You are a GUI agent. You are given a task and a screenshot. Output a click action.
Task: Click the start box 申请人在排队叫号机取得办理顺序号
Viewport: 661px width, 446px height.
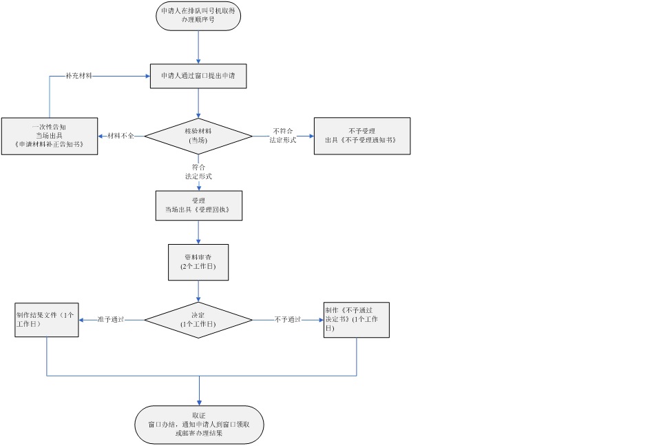tap(198, 17)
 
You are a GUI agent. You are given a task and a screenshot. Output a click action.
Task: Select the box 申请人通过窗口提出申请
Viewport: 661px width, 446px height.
tap(198, 76)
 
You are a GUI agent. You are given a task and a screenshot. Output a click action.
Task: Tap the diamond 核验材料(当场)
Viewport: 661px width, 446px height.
tap(199, 135)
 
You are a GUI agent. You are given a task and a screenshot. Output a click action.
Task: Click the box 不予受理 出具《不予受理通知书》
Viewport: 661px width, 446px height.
tap(361, 136)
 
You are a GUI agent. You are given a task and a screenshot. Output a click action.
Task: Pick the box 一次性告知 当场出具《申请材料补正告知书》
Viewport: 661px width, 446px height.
tap(49, 136)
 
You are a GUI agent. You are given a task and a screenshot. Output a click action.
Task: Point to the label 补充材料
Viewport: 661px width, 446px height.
tap(79, 76)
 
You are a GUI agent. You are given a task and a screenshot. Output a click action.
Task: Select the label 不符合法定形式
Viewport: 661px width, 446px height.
tap(284, 134)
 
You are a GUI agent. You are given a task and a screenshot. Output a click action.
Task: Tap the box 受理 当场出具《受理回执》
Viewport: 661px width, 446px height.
tap(199, 205)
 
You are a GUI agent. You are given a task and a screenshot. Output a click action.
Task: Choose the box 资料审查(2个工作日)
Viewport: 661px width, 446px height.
tap(198, 261)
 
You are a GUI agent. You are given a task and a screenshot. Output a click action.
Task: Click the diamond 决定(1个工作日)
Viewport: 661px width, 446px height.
tap(199, 320)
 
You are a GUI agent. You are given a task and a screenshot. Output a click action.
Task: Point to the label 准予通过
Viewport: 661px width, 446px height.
tap(110, 320)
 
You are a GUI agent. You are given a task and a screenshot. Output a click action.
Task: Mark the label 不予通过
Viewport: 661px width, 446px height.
tap(288, 320)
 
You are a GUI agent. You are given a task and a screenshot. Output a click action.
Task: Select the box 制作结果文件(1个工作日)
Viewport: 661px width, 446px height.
tap(47, 320)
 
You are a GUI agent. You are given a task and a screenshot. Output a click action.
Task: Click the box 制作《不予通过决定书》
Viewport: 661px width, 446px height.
tap(357, 320)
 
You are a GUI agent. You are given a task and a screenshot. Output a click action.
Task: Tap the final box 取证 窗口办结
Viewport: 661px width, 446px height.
tap(199, 425)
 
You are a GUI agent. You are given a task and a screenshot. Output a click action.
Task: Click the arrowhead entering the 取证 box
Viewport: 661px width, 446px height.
tap(199, 403)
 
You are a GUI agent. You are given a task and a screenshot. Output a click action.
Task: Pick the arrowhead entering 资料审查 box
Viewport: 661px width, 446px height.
tap(199, 241)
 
